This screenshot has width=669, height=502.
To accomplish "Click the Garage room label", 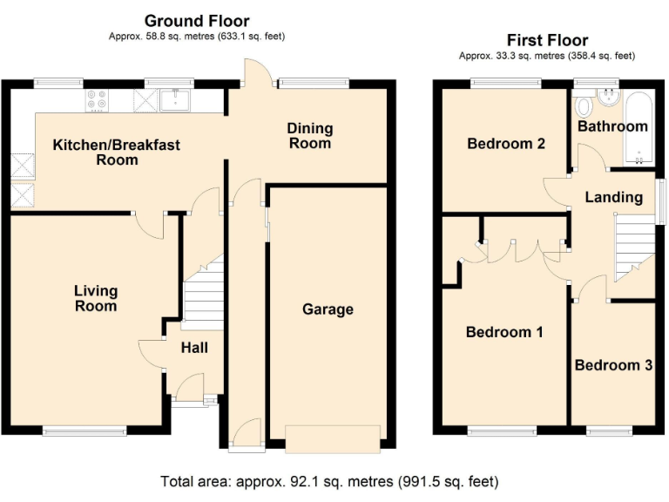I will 328,309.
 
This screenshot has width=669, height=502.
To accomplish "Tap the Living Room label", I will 96,298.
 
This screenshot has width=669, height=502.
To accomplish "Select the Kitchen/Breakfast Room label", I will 117,152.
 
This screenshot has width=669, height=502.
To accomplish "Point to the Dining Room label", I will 310,136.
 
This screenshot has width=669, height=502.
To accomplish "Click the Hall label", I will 194,348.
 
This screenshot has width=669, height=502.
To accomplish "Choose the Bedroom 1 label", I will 504,332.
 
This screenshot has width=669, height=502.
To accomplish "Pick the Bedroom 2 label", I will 506,143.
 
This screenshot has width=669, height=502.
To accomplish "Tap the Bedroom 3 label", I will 613,365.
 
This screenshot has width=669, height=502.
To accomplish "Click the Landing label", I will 613,198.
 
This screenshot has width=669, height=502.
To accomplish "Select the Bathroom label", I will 613,126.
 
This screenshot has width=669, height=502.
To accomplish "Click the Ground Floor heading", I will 196,21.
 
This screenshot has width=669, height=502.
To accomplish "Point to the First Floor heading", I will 547,40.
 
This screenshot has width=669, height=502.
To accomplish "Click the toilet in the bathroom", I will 584,105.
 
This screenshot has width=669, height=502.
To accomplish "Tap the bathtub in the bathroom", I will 638,127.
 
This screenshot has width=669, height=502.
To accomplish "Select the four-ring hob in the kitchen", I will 97,102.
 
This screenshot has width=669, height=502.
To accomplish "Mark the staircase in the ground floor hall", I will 202,292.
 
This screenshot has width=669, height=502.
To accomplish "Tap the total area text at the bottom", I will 329,481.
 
